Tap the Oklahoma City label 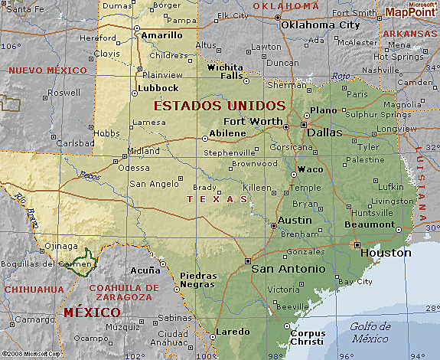pyautogui.click(x=320, y=25)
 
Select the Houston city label pyautogui.click(x=386, y=253)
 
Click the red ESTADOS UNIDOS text pyautogui.click(x=220, y=105)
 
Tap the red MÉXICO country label pyautogui.click(x=92, y=313)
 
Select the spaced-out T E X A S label pyautogui.click(x=217, y=199)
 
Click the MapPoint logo pyautogui.click(x=411, y=10)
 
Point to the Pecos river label pyautogui.click(x=90, y=176)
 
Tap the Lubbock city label pyautogui.click(x=158, y=88)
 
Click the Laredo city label pyautogui.click(x=232, y=332)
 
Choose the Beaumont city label pyautogui.click(x=370, y=224)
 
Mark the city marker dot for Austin pyautogui.click(x=275, y=225)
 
